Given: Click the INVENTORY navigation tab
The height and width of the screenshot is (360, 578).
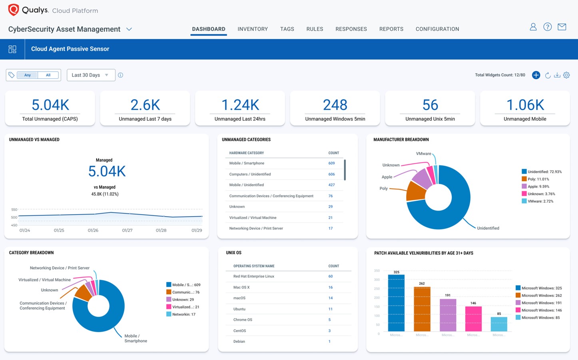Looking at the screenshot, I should click(x=253, y=29).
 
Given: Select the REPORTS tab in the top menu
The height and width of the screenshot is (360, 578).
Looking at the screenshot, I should click(x=391, y=29).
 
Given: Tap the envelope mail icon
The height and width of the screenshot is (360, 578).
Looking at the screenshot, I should click(x=562, y=27).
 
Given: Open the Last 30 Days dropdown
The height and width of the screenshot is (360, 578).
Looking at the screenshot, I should click(x=91, y=75).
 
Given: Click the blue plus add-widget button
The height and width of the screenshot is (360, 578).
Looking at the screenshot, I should click(x=536, y=75).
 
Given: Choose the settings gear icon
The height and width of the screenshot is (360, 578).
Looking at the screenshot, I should click(x=566, y=75).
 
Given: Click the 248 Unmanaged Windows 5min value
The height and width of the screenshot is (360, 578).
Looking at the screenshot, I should click(x=335, y=105).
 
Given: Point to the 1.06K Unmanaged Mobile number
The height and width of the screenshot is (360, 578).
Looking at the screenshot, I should click(x=525, y=105).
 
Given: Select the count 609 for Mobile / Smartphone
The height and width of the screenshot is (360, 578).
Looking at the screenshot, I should click(x=331, y=163).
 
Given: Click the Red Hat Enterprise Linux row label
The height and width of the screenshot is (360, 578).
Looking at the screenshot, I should click(x=254, y=276).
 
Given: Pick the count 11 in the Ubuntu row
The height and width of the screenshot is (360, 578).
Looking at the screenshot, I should click(x=330, y=309).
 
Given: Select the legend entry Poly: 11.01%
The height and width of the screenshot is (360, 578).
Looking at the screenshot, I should click(x=538, y=179).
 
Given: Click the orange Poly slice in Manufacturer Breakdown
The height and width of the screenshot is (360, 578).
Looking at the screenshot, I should click(x=415, y=191).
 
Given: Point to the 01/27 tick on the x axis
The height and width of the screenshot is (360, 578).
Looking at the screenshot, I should click(x=127, y=231).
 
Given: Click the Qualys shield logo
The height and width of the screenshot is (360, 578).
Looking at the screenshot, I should click(x=14, y=10).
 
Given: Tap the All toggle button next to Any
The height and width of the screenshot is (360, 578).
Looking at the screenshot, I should click(x=48, y=75).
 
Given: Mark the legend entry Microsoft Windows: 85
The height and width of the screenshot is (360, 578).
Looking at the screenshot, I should click(x=540, y=318).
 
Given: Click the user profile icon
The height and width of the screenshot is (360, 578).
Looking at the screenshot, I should click(x=533, y=27).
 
